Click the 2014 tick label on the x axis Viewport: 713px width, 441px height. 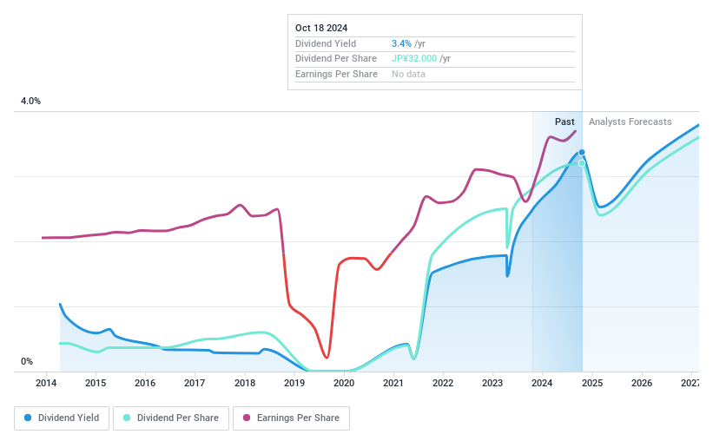click(x=46, y=383)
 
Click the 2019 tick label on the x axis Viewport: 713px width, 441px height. click(x=294, y=383)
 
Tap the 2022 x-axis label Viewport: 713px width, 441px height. click(x=443, y=383)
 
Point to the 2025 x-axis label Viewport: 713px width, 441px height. click(x=592, y=383)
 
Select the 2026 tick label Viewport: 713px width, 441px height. click(x=642, y=383)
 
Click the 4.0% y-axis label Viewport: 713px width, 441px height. click(x=30, y=102)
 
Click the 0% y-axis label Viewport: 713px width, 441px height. click(x=27, y=361)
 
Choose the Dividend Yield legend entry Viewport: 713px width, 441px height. click(x=62, y=418)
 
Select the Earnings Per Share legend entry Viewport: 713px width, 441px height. click(x=291, y=418)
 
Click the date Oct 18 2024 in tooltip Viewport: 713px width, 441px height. click(x=320, y=27)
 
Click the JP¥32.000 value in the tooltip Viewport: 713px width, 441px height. click(x=415, y=58)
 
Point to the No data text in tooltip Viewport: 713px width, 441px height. click(x=408, y=74)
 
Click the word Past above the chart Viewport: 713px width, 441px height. click(x=564, y=122)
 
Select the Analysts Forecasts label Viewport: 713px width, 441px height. click(x=630, y=122)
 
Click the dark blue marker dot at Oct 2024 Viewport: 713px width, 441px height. click(x=582, y=152)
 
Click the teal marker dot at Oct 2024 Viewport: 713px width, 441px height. click(x=582, y=163)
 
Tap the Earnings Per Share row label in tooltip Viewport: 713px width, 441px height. click(x=336, y=74)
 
